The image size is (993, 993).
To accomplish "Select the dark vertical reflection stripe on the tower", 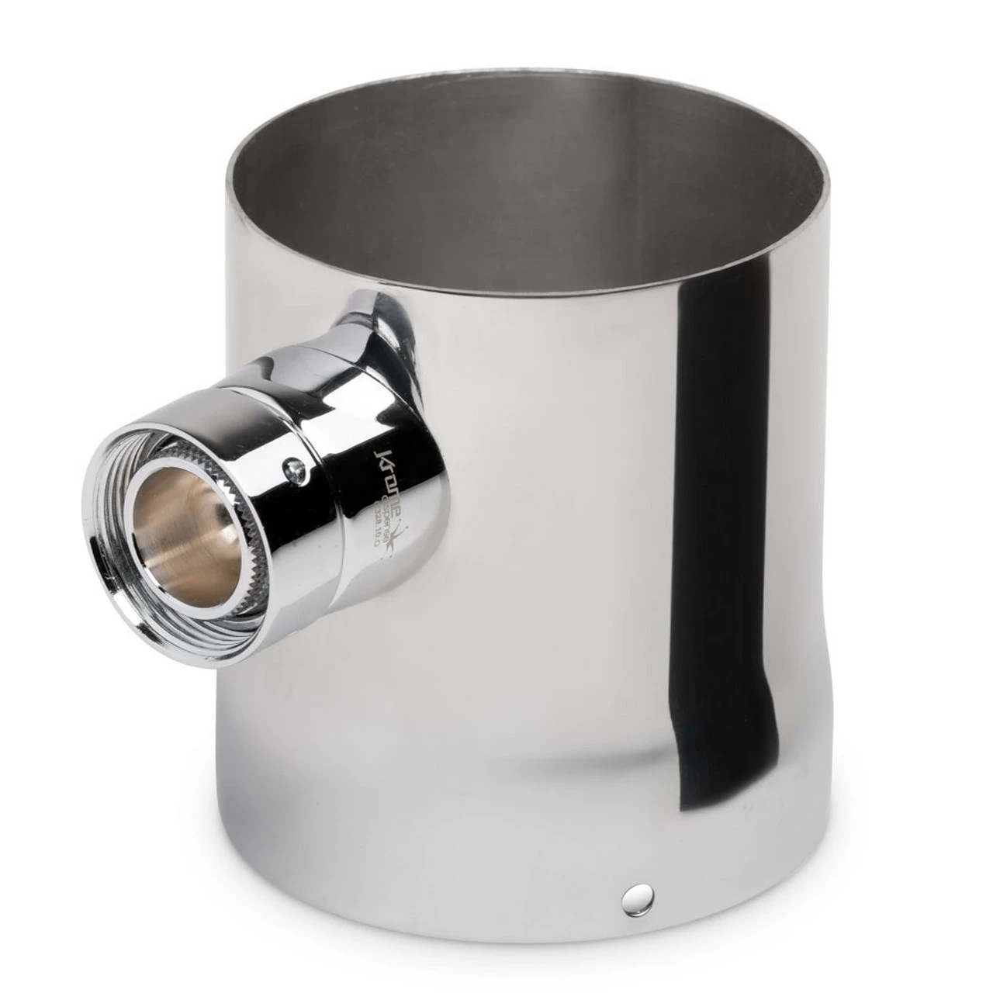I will pos(721,388).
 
